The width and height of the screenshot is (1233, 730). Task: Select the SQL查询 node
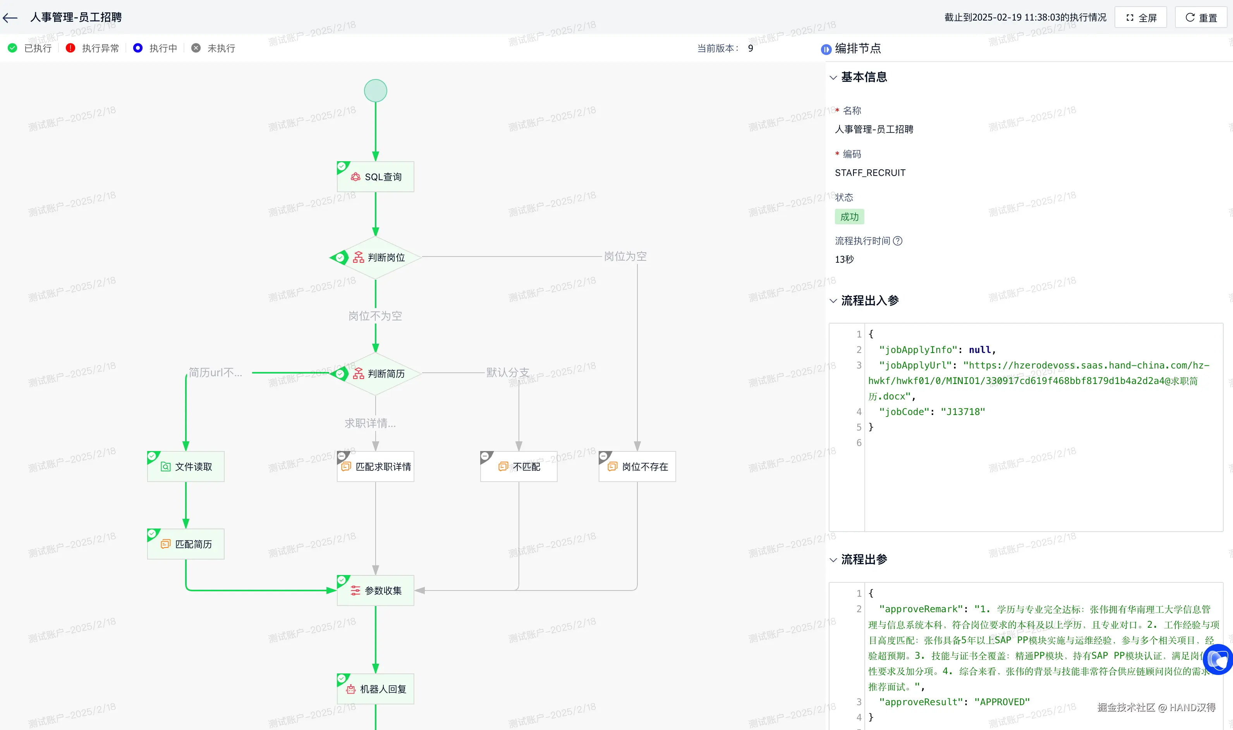coord(376,177)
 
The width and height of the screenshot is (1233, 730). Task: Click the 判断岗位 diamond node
coord(376,257)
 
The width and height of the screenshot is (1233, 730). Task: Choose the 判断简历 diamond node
coord(376,374)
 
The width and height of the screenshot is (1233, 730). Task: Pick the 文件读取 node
coord(186,467)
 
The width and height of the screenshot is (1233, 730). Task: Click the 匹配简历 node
coord(186,544)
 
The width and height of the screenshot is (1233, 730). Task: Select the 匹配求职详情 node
coord(376,467)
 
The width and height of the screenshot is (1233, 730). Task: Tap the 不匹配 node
coord(519,467)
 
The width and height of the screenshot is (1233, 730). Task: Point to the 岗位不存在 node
coord(637,467)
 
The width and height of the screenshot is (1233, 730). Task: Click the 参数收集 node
coord(376,590)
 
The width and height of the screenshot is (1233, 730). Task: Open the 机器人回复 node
coord(376,689)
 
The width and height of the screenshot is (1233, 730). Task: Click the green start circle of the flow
coord(376,91)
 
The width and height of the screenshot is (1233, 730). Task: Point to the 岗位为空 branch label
coord(625,256)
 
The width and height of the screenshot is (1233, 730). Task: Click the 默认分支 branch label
coord(508,372)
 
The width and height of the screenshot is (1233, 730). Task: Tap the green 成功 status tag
coord(849,217)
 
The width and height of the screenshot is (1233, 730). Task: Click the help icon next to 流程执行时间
coord(897,241)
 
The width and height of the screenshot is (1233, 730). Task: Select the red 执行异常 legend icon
coord(70,48)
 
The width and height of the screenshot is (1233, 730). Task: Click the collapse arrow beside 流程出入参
coord(833,301)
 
